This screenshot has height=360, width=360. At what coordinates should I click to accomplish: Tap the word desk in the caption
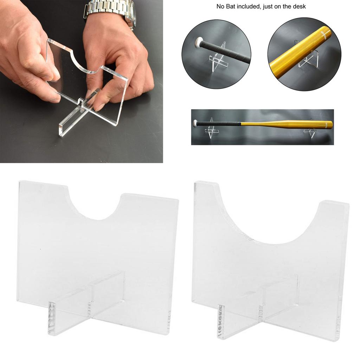(x=298, y=6)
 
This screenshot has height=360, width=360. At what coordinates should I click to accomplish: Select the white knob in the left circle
(x=199, y=43)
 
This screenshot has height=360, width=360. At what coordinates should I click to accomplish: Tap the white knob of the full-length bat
(x=195, y=123)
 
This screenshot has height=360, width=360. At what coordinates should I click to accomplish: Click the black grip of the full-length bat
(x=218, y=124)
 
